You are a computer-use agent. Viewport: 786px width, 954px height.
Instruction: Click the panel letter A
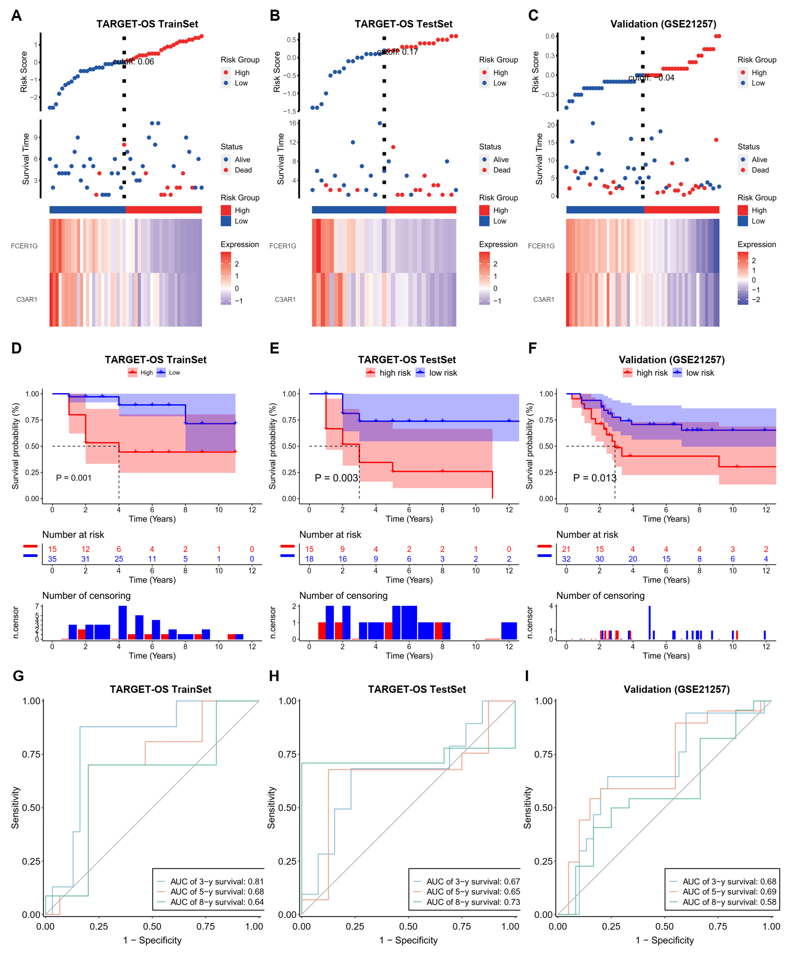[16, 16]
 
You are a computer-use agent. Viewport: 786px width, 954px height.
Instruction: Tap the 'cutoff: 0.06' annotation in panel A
[134, 62]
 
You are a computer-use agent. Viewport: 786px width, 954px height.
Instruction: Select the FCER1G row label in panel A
[25, 246]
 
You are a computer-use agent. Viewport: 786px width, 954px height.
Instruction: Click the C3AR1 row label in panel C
[543, 299]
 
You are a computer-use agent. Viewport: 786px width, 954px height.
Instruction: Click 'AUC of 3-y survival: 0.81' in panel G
[216, 882]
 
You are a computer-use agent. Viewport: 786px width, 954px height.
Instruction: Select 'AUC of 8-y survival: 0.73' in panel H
[473, 902]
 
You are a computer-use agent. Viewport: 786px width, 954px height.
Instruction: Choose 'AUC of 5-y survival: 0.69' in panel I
[729, 892]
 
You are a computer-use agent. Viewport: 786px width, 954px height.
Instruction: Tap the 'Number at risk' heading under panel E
[330, 535]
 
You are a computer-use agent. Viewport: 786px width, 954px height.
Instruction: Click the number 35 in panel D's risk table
[52, 559]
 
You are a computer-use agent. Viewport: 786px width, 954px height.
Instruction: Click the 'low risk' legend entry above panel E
[443, 373]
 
